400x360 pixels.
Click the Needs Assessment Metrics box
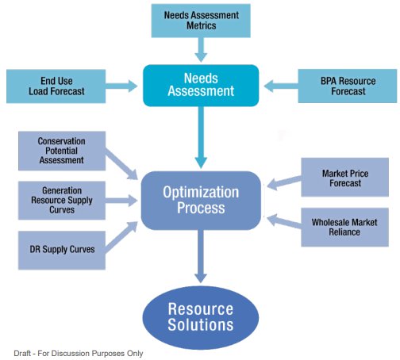click(201, 21)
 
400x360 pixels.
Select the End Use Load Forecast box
click(56, 86)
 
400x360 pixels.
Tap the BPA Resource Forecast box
click(348, 86)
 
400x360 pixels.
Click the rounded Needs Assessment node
click(201, 86)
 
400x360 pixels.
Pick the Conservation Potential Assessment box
click(62, 151)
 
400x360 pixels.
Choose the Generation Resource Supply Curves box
click(62, 201)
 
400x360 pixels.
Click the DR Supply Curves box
click(62, 250)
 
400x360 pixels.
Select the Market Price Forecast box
click(345, 178)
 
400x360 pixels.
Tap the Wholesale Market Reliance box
click(345, 228)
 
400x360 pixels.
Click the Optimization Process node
click(201, 201)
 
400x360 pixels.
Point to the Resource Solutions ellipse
click(201, 317)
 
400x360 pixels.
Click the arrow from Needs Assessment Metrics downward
click(201, 50)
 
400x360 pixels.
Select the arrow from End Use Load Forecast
click(121, 86)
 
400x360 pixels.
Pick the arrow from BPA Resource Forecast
click(281, 86)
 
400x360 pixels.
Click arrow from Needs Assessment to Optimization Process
click(201, 137)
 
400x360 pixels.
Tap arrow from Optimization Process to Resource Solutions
click(201, 256)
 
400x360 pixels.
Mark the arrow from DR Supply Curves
click(121, 237)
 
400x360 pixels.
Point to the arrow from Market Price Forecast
click(284, 182)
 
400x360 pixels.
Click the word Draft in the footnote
click(22, 354)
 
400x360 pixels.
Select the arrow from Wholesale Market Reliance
click(284, 221)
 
